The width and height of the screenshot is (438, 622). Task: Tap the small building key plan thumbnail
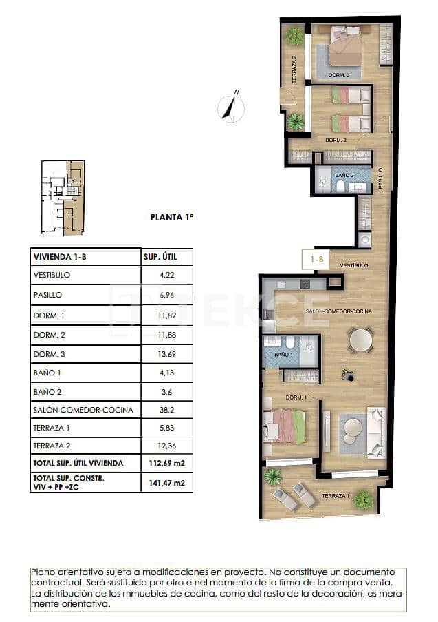tap(63, 198)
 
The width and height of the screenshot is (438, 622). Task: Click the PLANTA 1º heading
tap(172, 217)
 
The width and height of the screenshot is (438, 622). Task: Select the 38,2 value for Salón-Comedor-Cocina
tap(166, 409)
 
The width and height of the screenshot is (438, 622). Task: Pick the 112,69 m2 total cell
tap(166, 462)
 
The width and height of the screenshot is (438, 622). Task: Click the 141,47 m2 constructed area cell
tap(166, 483)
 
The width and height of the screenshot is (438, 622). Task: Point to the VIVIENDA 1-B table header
tap(61, 257)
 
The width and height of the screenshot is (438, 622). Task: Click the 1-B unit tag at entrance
tap(316, 260)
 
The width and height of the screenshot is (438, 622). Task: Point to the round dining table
tap(360, 340)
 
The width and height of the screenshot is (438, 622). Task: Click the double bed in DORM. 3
tap(344, 48)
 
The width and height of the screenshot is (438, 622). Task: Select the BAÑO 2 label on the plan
tap(344, 176)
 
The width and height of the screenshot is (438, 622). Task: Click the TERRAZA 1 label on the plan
tap(335, 496)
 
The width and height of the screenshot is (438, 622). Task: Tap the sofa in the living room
tap(376, 430)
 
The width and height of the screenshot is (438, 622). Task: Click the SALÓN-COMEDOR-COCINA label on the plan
tap(338, 311)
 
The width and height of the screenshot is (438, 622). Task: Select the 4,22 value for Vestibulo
tap(166, 275)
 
